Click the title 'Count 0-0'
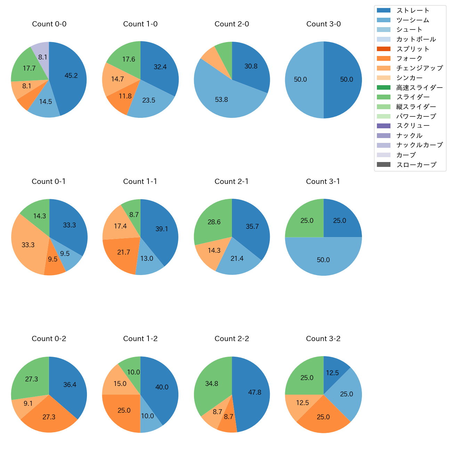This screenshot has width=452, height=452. pyautogui.click(x=49, y=24)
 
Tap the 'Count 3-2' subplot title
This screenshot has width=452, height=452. pyautogui.click(x=323, y=339)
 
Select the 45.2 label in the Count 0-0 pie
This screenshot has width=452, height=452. pyautogui.click(x=71, y=75)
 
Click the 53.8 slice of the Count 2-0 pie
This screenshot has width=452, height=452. pyautogui.click(x=221, y=99)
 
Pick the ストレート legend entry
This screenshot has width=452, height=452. pyautogui.click(x=413, y=10)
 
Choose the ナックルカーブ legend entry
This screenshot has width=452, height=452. pyautogui.click(x=419, y=145)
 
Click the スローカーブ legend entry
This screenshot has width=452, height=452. pyautogui.click(x=416, y=164)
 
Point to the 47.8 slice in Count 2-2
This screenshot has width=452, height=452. pyautogui.click(x=255, y=392)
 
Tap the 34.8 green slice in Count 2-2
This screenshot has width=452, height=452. pyautogui.click(x=211, y=384)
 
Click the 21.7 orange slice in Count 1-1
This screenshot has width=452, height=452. pyautogui.click(x=123, y=252)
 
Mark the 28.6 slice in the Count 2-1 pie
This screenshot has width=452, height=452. pyautogui.click(x=214, y=222)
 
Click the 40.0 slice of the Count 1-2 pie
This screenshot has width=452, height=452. pyautogui.click(x=162, y=387)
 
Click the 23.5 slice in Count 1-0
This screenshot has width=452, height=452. pyautogui.click(x=149, y=100)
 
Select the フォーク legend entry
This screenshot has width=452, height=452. pyautogui.click(x=409, y=58)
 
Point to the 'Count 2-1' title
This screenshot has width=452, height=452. pyautogui.click(x=232, y=181)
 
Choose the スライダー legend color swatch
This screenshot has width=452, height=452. pyautogui.click(x=384, y=97)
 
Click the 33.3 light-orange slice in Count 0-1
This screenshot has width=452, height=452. pyautogui.click(x=28, y=245)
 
